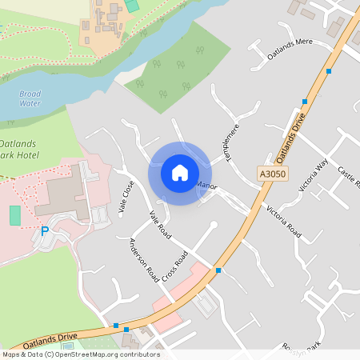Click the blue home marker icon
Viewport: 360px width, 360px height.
(180, 173)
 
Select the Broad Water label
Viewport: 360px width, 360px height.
(30, 98)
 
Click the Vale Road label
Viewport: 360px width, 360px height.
(161, 226)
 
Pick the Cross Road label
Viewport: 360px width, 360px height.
(174, 265)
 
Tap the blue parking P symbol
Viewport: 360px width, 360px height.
(45, 231)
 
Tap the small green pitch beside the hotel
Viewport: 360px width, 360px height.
(15, 215)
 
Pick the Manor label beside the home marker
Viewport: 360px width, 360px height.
(206, 186)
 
